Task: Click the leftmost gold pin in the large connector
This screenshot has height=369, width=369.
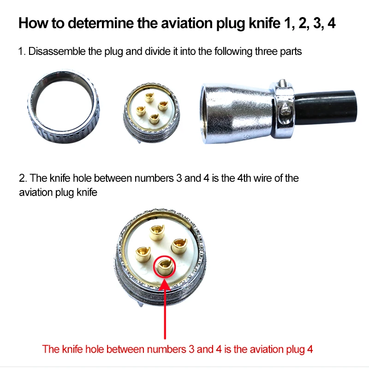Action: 143,252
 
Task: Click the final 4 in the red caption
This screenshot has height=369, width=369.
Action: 309,349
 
